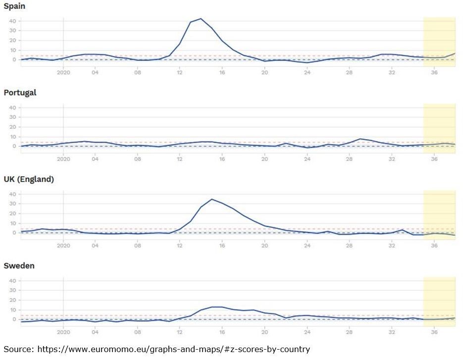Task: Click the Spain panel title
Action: pyautogui.click(x=14, y=6)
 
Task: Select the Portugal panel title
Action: pyautogui.click(x=20, y=93)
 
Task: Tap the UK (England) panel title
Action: pyautogui.click(x=29, y=179)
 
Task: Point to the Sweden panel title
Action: pyautogui.click(x=19, y=266)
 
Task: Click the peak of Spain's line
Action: pyautogui.click(x=201, y=19)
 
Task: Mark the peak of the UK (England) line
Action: pyautogui.click(x=212, y=199)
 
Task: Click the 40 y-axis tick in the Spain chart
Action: pyautogui.click(x=12, y=21)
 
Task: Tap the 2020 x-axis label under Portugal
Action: pyautogui.click(x=63, y=159)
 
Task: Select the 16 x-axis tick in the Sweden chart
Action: pyautogui.click(x=222, y=332)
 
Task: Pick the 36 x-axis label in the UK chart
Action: pyautogui.click(x=434, y=246)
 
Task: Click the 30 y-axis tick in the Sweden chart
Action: pyautogui.click(x=12, y=291)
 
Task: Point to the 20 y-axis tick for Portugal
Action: pyautogui.click(x=12, y=127)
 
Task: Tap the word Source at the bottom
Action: pyautogui.click(x=17, y=349)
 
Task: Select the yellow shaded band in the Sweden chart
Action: pyautogui.click(x=439, y=302)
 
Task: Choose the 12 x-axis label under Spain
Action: pyautogui.click(x=180, y=72)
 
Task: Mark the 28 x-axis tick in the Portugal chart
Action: pyautogui.click(x=350, y=159)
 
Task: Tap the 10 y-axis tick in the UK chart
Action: pyautogui.click(x=12, y=223)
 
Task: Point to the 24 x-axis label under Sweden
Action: pyautogui.click(x=307, y=332)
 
